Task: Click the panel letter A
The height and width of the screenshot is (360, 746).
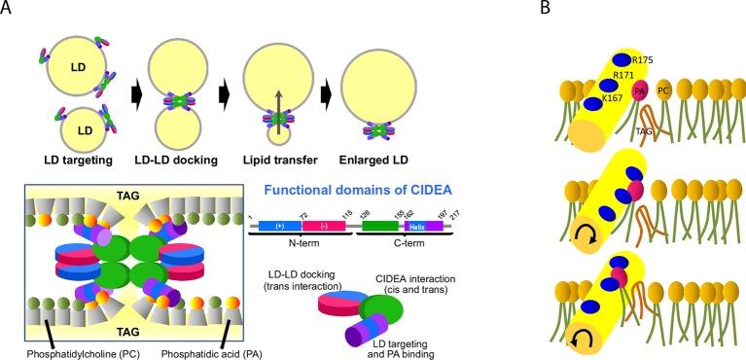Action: [x=8, y=9]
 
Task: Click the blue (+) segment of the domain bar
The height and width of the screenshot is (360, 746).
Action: [x=280, y=224]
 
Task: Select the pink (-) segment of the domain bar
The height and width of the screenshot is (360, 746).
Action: [x=317, y=224]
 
